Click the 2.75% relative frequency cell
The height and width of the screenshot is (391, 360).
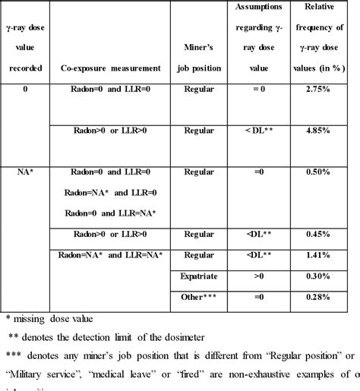click(324, 90)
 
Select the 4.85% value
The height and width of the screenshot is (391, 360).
click(324, 130)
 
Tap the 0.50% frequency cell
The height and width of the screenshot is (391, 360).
click(324, 172)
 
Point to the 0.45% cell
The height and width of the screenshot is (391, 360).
click(324, 233)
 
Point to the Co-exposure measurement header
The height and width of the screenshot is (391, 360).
click(110, 68)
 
